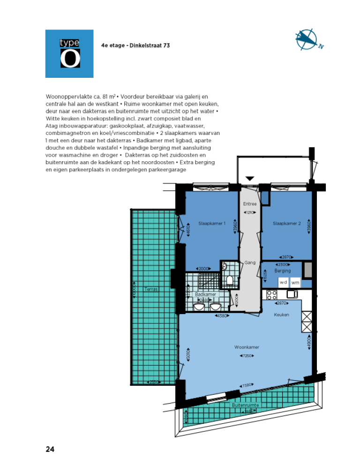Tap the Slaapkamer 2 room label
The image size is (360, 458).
coord(286,224)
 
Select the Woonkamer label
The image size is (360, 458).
coord(247,347)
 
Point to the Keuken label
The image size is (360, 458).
coord(281,315)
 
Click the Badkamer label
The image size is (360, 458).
coord(206,294)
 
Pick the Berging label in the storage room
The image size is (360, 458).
coord(283,271)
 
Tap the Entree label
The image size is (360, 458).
coord(250,204)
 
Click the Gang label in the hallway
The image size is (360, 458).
coord(249,263)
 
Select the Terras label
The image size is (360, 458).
coord(151,289)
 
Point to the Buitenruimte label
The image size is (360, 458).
coord(245,405)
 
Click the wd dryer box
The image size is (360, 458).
coord(283,282)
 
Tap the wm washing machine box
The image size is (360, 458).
coord(295,282)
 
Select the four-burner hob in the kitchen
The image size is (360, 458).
coord(271,295)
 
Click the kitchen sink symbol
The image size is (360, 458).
coord(292,294)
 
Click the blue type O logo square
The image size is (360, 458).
coord(69,53)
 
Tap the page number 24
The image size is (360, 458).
coord(50,449)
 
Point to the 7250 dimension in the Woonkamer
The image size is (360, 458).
coord(247,356)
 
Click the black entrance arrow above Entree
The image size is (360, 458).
coord(250,178)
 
